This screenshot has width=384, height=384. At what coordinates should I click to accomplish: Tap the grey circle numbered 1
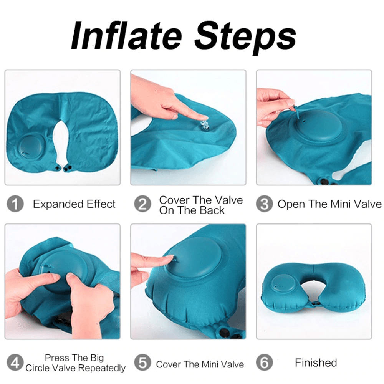(x=15, y=204)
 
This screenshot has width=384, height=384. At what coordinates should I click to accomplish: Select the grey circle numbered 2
(x=142, y=204)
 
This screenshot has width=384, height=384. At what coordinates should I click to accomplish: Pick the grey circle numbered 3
(x=264, y=204)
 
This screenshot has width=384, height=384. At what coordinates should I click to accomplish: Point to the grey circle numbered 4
(x=15, y=362)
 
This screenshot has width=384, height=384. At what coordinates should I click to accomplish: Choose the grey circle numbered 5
(x=142, y=362)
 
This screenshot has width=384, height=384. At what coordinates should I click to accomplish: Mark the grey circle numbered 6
(x=264, y=362)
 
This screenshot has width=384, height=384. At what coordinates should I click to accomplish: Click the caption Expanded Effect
(x=74, y=204)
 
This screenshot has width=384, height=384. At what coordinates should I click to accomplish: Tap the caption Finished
(x=316, y=363)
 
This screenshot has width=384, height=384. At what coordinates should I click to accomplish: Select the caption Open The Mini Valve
(x=329, y=204)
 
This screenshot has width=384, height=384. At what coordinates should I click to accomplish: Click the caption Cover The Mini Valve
(x=200, y=364)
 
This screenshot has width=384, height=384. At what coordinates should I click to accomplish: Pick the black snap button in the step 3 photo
(x=325, y=182)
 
